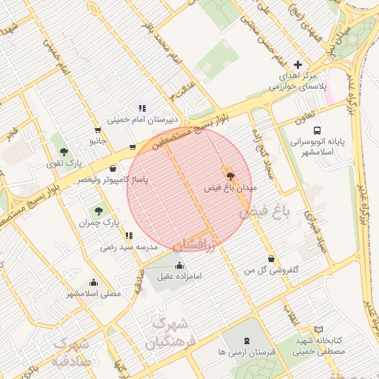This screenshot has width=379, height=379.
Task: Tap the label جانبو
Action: [x=98, y=140]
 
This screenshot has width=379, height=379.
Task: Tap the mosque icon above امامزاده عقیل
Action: [x=179, y=265]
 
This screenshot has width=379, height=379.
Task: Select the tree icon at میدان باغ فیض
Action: [x=231, y=176]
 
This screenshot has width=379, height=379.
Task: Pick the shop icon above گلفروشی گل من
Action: [x=272, y=259]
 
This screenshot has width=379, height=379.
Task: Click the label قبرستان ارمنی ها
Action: [x=246, y=353]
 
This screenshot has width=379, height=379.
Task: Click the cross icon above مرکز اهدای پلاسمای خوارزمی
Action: [x=298, y=65]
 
